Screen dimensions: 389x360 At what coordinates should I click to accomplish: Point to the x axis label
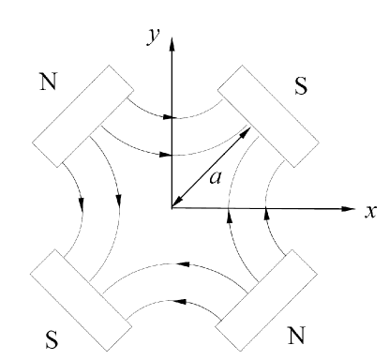371,211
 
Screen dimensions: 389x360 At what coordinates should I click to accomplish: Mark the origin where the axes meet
172,206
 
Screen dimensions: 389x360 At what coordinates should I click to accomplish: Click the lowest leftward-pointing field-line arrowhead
180,303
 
